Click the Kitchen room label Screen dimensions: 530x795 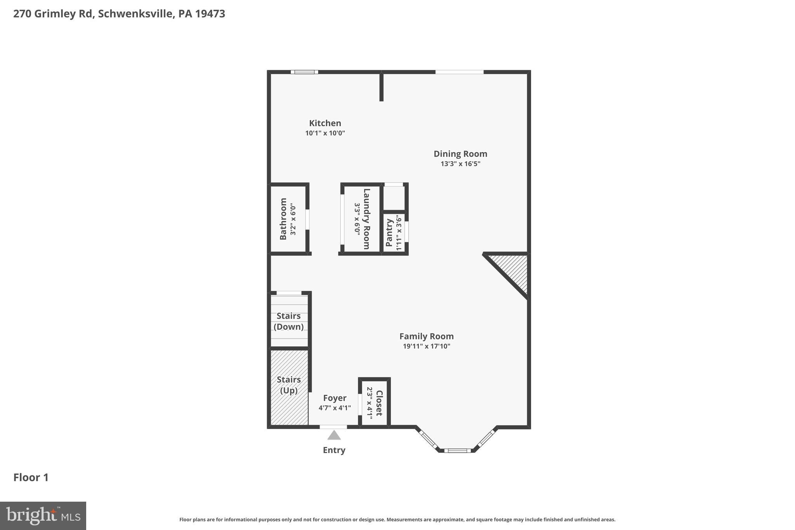coord(325,123)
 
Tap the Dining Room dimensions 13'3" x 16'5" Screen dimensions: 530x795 coord(460,164)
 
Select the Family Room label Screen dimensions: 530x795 coord(426,336)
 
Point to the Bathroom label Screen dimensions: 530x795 coord(283,219)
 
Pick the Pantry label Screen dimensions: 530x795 coord(389,232)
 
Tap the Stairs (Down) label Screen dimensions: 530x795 coord(288,321)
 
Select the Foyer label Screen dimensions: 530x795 coord(335,398)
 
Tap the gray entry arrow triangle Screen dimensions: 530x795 coord(334,435)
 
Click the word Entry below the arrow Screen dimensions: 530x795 coord(334,450)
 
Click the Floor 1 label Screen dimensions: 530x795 coord(31,477)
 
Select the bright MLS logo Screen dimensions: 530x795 coord(43,516)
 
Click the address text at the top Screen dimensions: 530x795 coord(119,14)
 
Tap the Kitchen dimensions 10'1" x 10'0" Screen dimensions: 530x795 coord(325,133)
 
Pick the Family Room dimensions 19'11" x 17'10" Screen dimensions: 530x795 coord(426,346)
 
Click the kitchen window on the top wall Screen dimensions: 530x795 coord(304,72)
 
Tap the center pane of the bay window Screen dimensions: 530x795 coord(457,450)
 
